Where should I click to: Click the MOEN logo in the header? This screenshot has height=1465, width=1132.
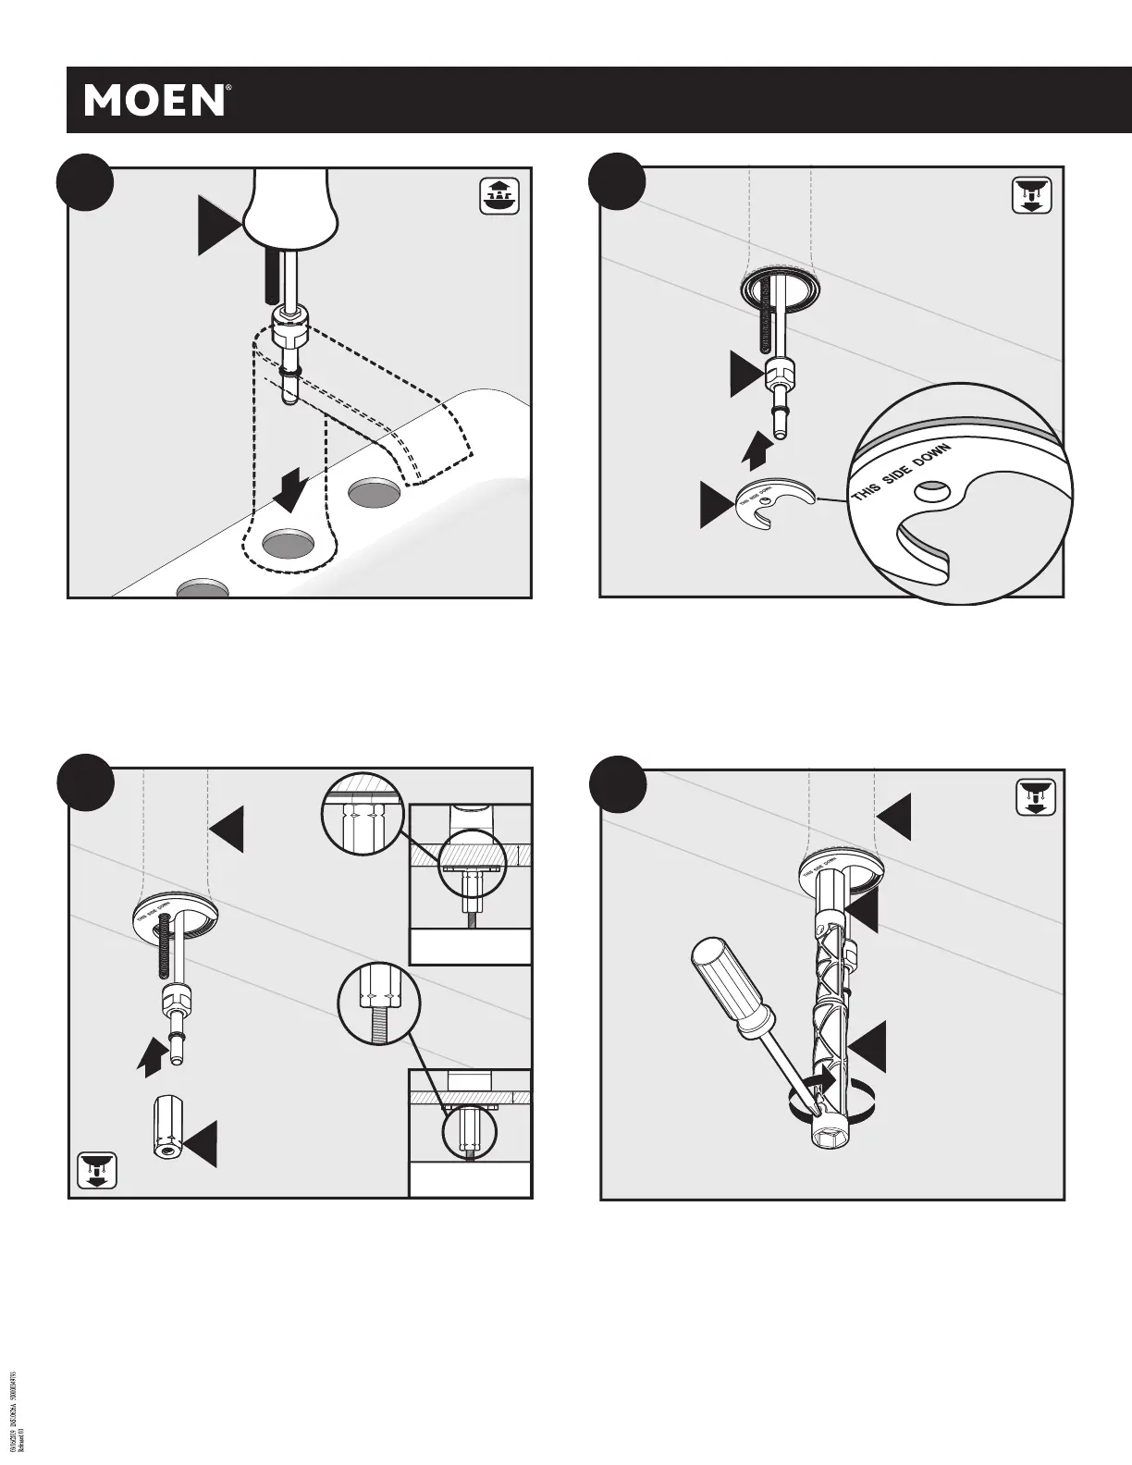[156, 100]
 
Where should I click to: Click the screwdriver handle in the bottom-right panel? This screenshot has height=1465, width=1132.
[725, 979]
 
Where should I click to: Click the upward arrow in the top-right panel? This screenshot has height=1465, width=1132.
[757, 450]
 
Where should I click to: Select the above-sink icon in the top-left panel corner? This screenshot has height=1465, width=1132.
[499, 195]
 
